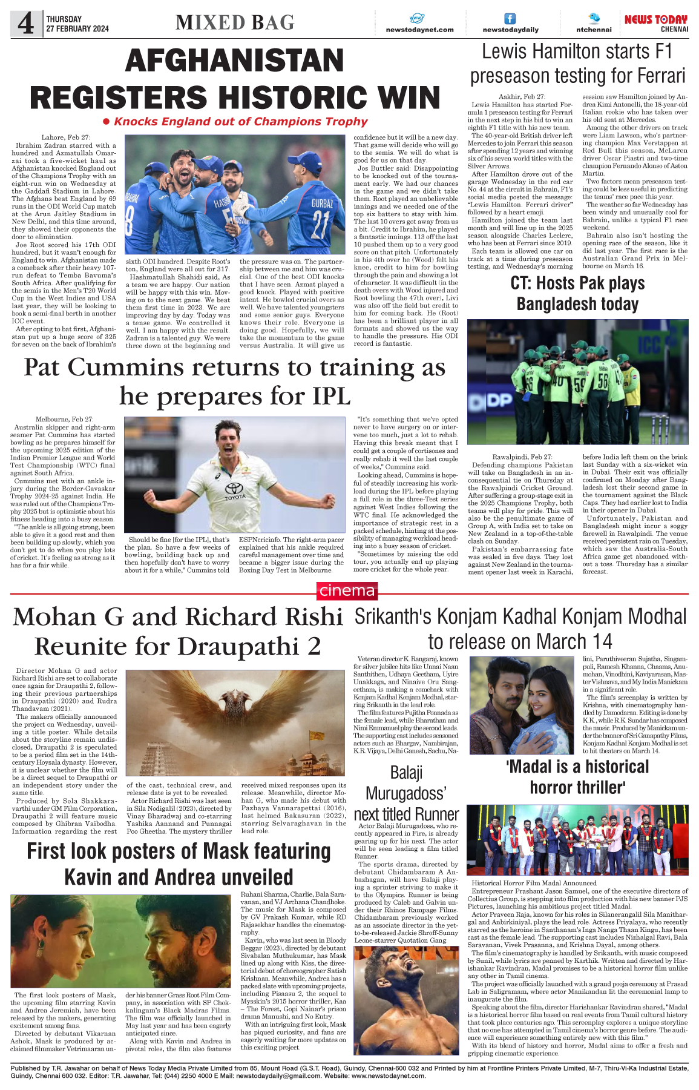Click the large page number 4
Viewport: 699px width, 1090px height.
click(25, 24)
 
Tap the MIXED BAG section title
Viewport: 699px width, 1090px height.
click(235, 23)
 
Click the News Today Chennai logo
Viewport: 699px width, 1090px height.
click(656, 23)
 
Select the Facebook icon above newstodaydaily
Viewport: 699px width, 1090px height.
click(510, 19)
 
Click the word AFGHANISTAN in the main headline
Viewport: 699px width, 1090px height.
click(235, 61)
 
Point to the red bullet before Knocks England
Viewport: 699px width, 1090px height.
click(107, 122)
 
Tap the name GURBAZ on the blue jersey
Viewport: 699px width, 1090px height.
click(322, 203)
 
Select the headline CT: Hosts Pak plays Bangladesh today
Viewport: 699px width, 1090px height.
click(577, 293)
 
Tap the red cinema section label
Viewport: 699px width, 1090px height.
click(347, 590)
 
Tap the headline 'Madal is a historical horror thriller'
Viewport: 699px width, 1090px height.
click(577, 777)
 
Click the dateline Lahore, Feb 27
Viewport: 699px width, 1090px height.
click(65, 137)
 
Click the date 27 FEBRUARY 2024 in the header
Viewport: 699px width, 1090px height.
click(77, 28)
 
